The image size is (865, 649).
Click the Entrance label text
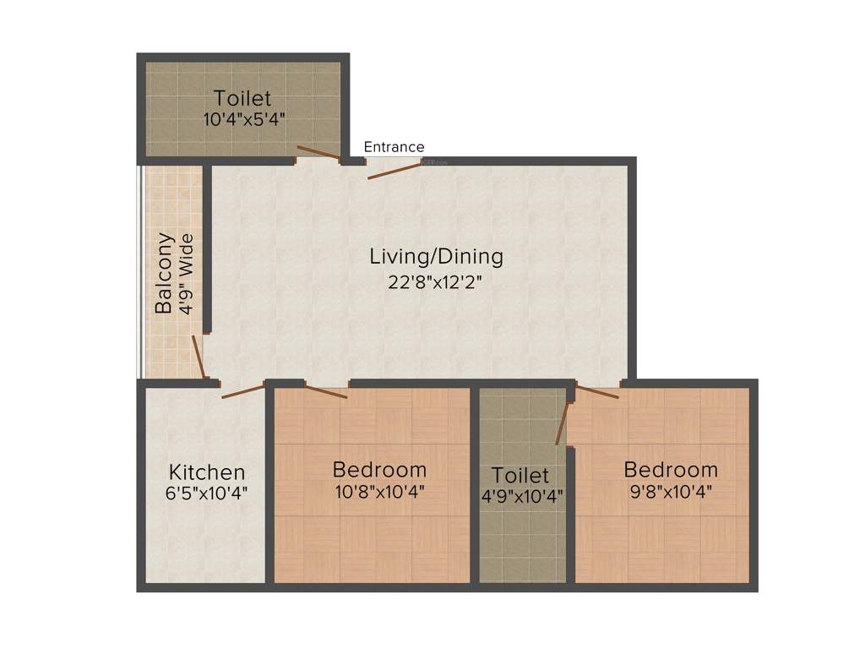point(394,147)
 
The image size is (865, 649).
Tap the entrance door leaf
point(394,170)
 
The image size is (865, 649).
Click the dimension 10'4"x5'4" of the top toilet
point(243,119)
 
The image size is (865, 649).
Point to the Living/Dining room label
point(436,256)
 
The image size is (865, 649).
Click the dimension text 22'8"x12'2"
point(436,282)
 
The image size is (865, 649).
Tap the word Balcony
point(164,273)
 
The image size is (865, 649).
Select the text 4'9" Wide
point(188,273)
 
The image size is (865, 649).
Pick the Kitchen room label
point(207,472)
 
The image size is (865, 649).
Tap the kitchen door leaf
point(243,391)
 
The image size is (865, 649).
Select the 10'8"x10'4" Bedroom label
point(379,469)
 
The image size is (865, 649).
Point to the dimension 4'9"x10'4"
point(521,495)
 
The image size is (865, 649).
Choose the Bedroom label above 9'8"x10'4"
point(671,469)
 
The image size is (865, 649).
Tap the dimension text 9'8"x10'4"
point(670,491)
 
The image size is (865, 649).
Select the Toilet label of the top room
point(242,97)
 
